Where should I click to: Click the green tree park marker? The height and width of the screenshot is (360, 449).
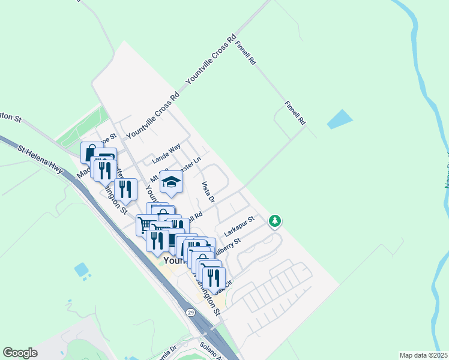point(275,222)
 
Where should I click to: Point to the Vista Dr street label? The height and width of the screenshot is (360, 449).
point(208,192)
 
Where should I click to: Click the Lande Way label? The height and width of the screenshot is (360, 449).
point(166,154)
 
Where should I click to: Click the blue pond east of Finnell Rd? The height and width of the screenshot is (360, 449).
point(339,119)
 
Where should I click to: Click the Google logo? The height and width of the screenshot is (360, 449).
point(20,353)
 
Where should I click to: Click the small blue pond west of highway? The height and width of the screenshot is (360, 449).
point(82,269)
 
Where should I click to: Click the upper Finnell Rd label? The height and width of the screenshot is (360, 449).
point(246,53)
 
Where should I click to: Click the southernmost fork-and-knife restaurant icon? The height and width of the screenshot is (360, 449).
point(213,278)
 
